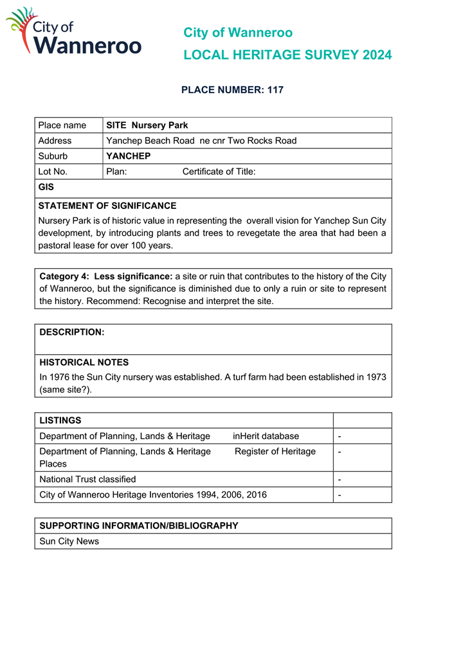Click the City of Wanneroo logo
[x=73, y=32]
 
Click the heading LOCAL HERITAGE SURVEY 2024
[x=287, y=55]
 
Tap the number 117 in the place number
[x=275, y=90]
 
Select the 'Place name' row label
[x=62, y=125]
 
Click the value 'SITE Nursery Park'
[x=147, y=125]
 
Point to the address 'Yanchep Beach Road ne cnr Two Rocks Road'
[x=201, y=141]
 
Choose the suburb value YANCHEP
[x=128, y=156]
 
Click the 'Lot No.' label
[x=53, y=172]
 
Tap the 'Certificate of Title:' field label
[x=219, y=172]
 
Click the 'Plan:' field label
[x=116, y=172]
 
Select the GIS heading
[x=46, y=188]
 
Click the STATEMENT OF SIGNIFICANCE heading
[x=107, y=206]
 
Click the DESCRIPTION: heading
[x=71, y=332]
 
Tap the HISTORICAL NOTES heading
[x=84, y=363]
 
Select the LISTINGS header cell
[x=60, y=420]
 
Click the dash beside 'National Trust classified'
[x=340, y=480]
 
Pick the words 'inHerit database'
[x=266, y=436]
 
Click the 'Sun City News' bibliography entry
[x=69, y=541]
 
